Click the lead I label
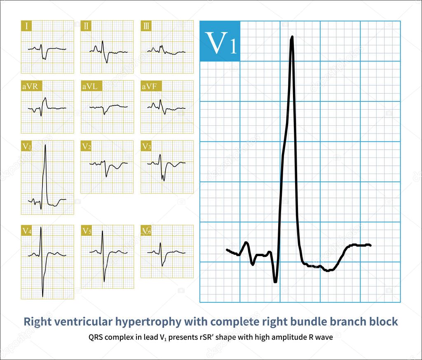pos(27,27)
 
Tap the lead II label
pos(86,27)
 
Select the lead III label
pos(146,27)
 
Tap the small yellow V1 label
pos(27,146)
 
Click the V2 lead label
pos(87,146)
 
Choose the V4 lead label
pos(27,231)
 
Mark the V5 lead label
pos(87,231)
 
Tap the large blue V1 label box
pos(220,41)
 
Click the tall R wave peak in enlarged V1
pos(292,37)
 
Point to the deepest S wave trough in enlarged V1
pos(275,282)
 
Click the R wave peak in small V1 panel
pos(45,145)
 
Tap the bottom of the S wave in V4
pos(42,296)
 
